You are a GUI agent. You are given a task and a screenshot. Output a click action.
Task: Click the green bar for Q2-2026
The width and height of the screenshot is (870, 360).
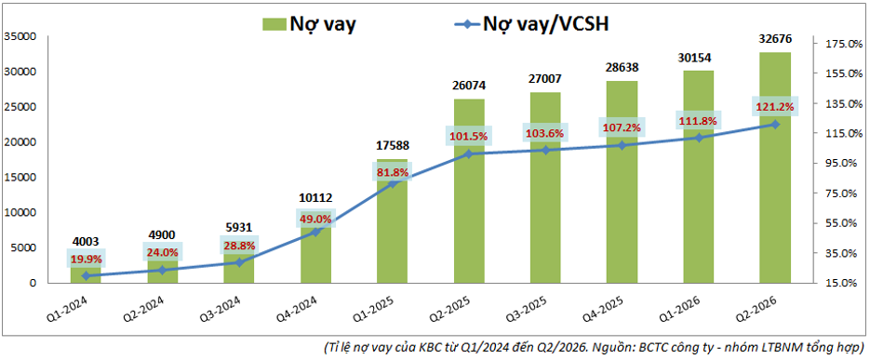tap(775, 167)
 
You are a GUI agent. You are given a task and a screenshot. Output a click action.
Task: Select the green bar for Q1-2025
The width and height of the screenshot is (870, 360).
tap(393, 221)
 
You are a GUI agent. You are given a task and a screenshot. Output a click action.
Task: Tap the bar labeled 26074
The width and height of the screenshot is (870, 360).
tap(469, 192)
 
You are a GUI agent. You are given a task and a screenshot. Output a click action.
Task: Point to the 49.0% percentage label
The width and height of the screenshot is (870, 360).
tap(315, 220)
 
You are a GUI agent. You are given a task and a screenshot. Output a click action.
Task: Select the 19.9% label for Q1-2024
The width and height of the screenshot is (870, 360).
tap(86, 258)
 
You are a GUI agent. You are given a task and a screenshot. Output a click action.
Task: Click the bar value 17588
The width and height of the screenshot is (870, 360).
tap(393, 147)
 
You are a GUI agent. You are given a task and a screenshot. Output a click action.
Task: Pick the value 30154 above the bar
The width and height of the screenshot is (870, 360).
tap(699, 59)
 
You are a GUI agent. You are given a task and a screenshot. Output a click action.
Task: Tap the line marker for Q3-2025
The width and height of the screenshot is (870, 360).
tap(545, 150)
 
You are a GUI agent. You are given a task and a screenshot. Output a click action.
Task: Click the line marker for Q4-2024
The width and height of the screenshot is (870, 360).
tap(315, 232)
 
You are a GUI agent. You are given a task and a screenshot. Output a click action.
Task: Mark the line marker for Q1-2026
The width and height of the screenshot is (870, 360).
tap(699, 138)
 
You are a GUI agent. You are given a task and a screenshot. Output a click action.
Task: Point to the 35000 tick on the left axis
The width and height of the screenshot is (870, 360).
tap(20, 36)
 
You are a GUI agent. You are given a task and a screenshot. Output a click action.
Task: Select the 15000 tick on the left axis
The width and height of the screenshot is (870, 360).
tap(20, 178)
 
